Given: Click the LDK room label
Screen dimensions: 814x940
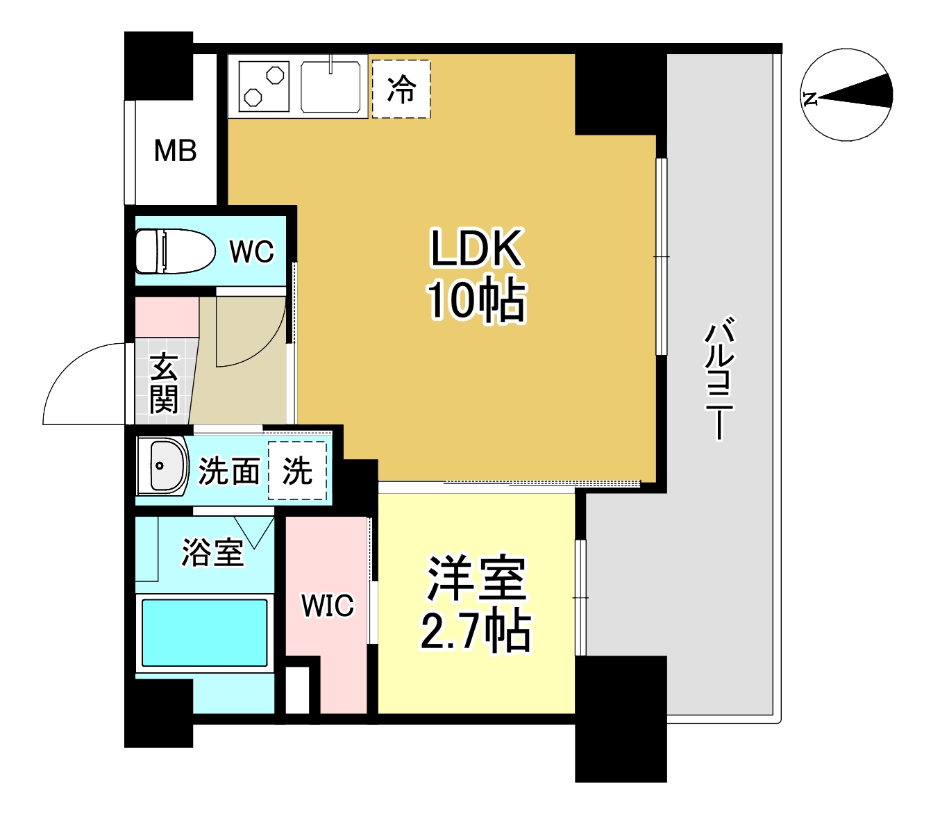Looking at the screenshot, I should click(476, 249).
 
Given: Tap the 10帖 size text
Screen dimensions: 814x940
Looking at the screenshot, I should click(476, 300).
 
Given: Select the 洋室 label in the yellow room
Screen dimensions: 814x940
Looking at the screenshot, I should click(477, 578).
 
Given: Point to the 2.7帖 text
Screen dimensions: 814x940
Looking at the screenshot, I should click(476, 631).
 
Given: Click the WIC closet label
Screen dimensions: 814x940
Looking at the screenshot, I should click(327, 606).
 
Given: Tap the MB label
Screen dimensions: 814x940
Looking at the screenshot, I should click(175, 151).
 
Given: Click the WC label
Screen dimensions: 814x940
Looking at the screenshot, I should click(251, 251).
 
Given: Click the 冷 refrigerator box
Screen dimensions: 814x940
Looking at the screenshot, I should click(401, 89).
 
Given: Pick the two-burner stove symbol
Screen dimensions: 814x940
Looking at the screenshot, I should click(264, 86).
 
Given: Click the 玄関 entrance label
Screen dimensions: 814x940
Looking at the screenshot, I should click(164, 383).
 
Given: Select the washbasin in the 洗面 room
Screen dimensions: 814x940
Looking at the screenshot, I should click(162, 466).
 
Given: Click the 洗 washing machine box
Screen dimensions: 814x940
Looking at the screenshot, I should click(297, 471).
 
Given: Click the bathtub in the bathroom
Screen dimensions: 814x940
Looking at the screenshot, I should click(204, 633).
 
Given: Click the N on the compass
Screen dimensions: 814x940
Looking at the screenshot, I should click(810, 98).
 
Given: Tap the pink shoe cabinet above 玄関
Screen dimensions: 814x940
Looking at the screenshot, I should click(167, 317).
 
